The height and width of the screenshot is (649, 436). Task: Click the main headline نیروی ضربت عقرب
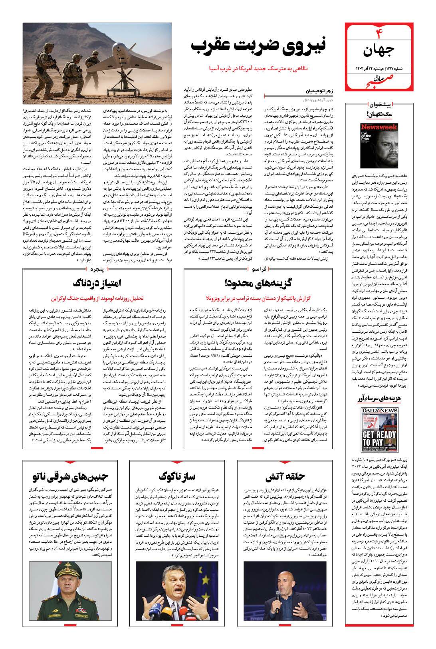pyautogui.click(x=259, y=45)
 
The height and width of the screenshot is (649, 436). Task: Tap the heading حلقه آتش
pyautogui.click(x=285, y=476)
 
